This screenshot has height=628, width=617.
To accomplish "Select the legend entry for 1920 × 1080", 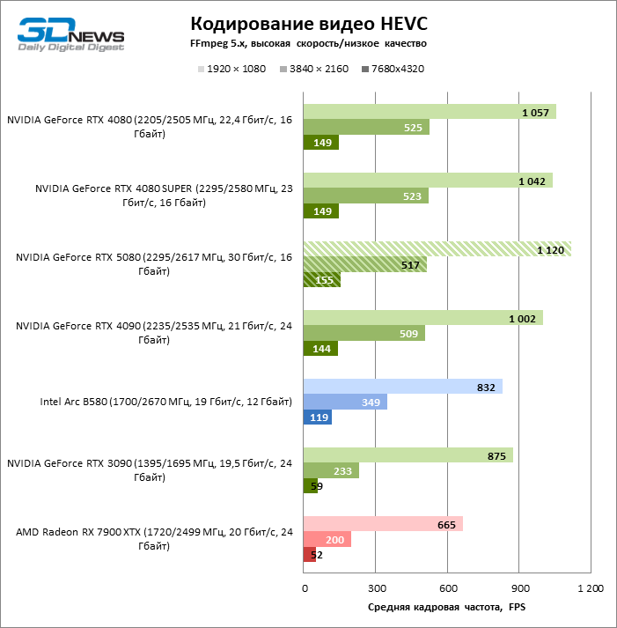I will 231,69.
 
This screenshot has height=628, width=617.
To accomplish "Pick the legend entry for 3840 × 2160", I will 312,69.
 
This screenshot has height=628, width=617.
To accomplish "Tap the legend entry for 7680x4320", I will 393,69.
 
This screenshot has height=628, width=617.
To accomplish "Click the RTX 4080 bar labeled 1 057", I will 430,112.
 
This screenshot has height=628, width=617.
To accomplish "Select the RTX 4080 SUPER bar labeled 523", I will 365,196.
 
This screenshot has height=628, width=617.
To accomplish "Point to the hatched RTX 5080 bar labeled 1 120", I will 437,249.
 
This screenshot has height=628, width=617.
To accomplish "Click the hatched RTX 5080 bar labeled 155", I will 321,280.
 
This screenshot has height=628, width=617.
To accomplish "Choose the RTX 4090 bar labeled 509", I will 364,334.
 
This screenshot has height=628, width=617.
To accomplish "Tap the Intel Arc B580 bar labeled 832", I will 402,387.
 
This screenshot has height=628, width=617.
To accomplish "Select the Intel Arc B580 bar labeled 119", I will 318,417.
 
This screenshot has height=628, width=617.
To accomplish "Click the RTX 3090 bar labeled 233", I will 331,471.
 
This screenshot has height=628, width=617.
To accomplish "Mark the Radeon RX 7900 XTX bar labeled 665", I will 383,524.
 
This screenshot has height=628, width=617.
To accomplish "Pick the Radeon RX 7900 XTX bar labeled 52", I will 309,555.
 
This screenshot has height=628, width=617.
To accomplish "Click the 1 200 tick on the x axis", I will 591,588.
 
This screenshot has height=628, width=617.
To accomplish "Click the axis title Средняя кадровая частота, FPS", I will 445,607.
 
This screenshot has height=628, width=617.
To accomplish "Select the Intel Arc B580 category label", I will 165,403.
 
